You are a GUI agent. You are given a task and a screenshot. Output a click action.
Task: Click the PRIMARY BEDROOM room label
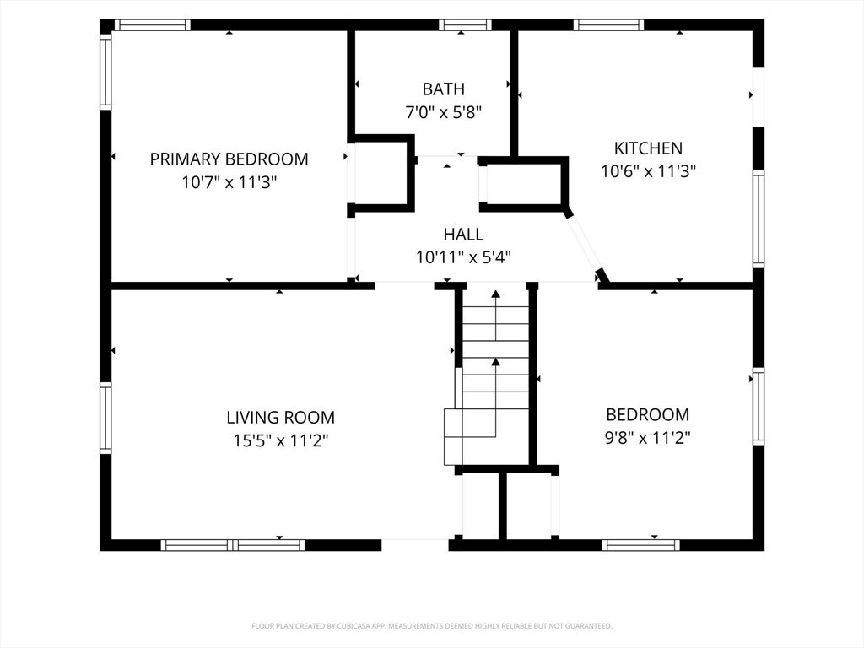(x=229, y=159)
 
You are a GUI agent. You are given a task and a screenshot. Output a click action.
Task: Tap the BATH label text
(x=444, y=89)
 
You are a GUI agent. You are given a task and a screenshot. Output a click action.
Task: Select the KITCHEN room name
(x=648, y=148)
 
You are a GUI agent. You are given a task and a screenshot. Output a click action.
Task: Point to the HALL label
(x=463, y=235)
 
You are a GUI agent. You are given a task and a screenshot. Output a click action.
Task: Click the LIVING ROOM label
(x=280, y=417)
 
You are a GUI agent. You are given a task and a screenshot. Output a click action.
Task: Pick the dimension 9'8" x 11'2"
(x=648, y=438)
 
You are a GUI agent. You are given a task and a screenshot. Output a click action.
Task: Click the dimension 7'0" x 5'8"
(x=444, y=112)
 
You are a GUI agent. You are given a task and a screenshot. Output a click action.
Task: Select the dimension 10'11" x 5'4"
(x=463, y=257)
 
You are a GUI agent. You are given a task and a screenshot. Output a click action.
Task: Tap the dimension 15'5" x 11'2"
(x=280, y=440)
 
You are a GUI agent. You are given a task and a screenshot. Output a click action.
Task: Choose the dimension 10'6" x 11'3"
(x=648, y=171)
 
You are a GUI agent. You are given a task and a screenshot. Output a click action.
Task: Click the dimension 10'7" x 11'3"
(x=229, y=182)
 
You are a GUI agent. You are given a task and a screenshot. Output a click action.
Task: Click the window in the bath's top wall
(x=465, y=24)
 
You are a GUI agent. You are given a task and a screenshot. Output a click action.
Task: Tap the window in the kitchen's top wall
(x=608, y=24)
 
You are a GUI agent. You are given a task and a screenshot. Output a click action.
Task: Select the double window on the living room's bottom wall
(x=233, y=545)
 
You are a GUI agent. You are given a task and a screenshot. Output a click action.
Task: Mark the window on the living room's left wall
(x=105, y=418)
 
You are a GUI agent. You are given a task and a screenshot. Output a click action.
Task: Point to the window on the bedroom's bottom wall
(x=640, y=545)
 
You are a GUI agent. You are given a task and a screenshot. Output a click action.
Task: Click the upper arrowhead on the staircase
(x=496, y=294)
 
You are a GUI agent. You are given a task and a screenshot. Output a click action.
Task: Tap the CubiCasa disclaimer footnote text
(x=432, y=626)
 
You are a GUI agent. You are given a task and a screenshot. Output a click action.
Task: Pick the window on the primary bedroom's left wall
(x=105, y=72)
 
